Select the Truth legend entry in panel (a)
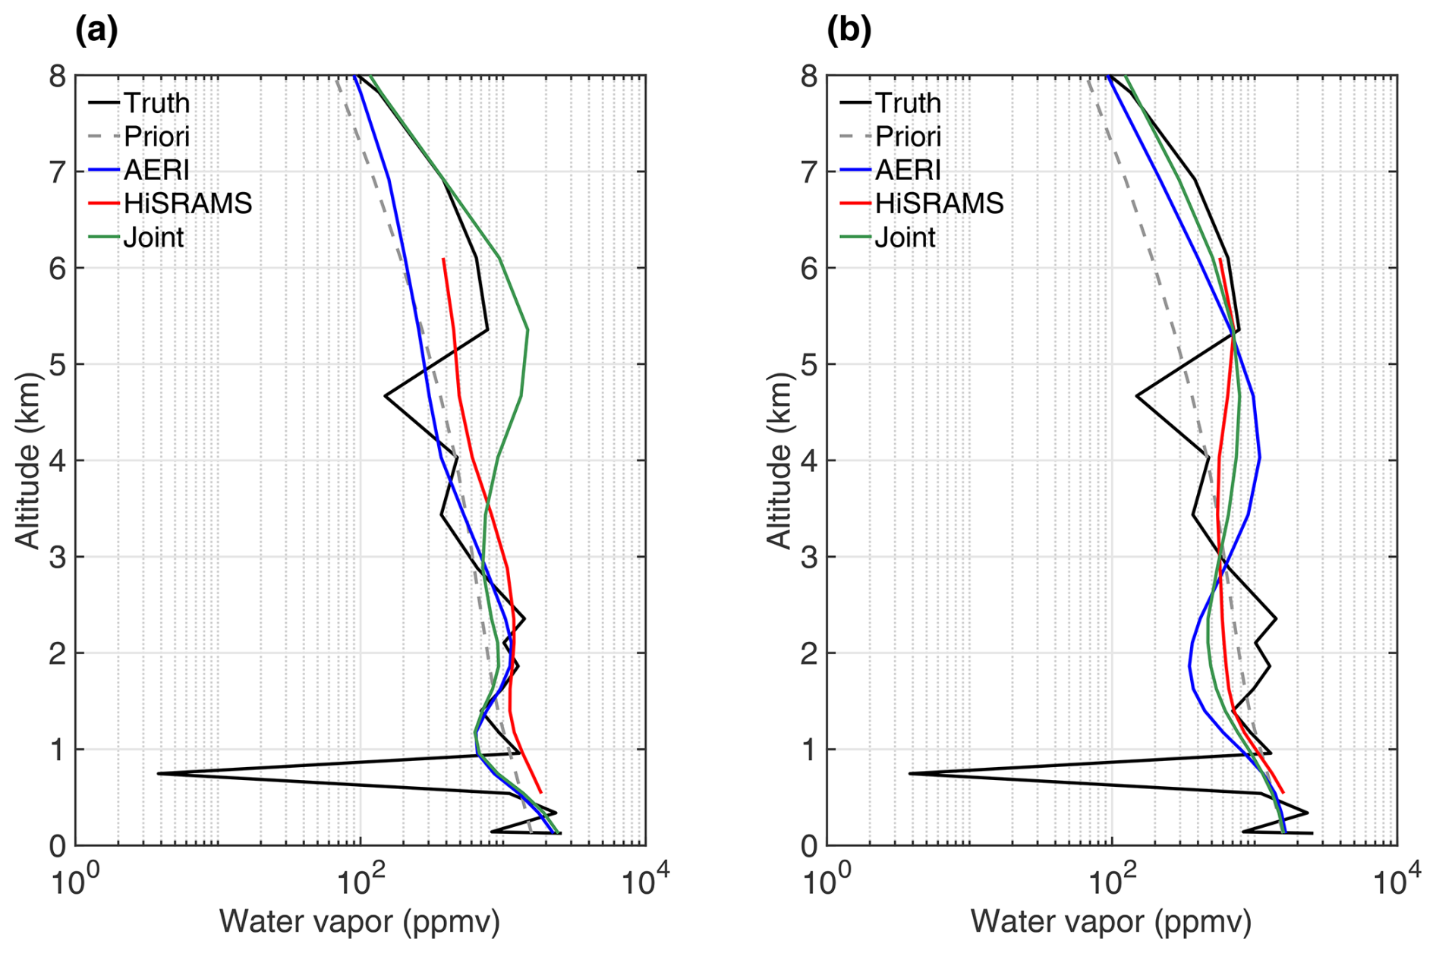(x=156, y=102)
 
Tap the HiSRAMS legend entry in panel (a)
(x=187, y=203)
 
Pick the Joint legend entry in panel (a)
(x=153, y=237)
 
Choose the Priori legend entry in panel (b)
(x=908, y=137)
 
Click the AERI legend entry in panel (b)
(x=908, y=170)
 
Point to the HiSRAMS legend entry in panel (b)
(x=939, y=203)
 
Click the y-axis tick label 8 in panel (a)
(x=58, y=77)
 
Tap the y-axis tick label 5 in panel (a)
(x=58, y=365)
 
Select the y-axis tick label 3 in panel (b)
(x=809, y=558)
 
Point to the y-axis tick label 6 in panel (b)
(x=809, y=269)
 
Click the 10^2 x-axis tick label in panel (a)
(x=360, y=882)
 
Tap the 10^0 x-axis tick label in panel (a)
(x=73, y=882)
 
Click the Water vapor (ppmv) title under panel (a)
(x=360, y=921)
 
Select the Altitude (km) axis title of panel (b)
(x=779, y=460)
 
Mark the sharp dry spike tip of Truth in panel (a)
(x=159, y=773)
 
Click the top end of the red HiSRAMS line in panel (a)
(x=443, y=259)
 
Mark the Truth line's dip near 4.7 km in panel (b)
(x=1136, y=396)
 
